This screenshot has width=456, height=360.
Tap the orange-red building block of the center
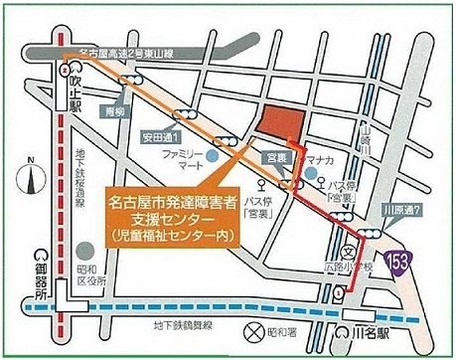282,124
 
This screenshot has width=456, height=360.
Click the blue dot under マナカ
312,175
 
